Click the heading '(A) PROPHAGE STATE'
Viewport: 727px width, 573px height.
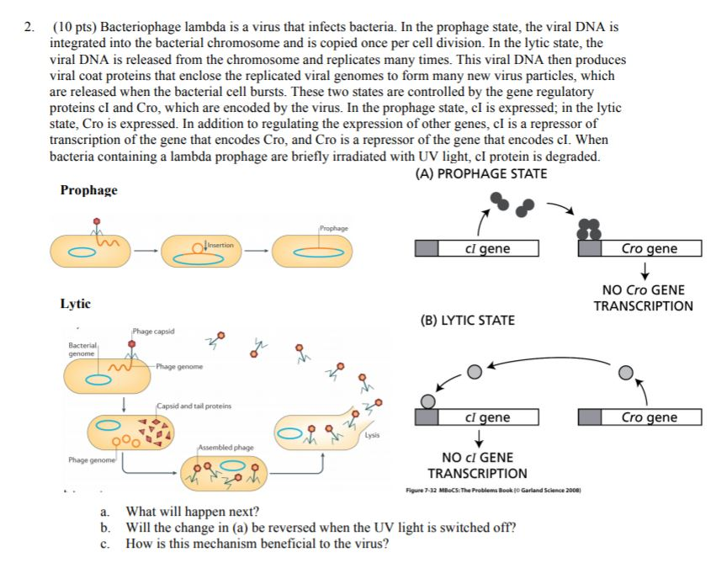(x=481, y=174)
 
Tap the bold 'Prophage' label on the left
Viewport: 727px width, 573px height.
(x=88, y=190)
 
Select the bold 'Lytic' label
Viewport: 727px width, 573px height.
(x=76, y=304)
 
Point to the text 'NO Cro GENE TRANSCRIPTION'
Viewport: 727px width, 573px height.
(x=643, y=298)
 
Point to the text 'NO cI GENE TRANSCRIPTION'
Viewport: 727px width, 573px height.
(x=477, y=465)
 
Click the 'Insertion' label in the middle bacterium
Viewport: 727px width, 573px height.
(x=222, y=245)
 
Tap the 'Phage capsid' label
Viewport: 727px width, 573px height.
(x=153, y=332)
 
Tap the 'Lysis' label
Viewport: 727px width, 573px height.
(x=372, y=436)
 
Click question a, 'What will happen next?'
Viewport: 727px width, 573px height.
(x=192, y=512)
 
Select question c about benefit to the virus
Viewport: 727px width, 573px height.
(x=257, y=544)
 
